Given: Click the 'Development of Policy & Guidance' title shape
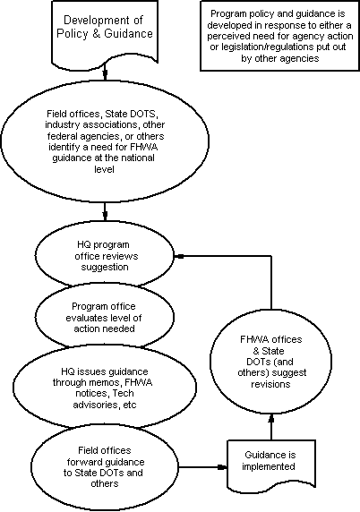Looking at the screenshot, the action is [x=105, y=31].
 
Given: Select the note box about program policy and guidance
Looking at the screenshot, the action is [x=279, y=36].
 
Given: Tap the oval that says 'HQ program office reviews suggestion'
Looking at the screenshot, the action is [x=105, y=256].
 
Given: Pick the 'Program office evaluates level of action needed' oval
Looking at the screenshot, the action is [x=105, y=317].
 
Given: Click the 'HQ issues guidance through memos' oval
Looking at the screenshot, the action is [x=105, y=388].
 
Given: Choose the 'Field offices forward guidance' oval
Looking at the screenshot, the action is [x=105, y=467].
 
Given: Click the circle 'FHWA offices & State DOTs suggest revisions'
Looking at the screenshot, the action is [x=270, y=361].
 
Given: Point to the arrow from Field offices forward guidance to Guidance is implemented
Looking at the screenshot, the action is [x=203, y=467].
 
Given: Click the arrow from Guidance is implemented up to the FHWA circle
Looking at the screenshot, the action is [x=271, y=427].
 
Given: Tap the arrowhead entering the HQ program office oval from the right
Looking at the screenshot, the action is [x=179, y=256].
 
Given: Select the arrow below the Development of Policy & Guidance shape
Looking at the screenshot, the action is [x=105, y=71].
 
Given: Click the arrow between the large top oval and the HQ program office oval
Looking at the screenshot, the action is [x=105, y=211].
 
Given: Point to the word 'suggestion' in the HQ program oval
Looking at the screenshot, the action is [x=105, y=267].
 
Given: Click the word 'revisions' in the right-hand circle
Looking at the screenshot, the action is [x=270, y=384].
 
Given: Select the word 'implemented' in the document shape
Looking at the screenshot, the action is [x=268, y=466].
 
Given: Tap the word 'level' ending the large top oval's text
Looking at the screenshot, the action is [x=104, y=169].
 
